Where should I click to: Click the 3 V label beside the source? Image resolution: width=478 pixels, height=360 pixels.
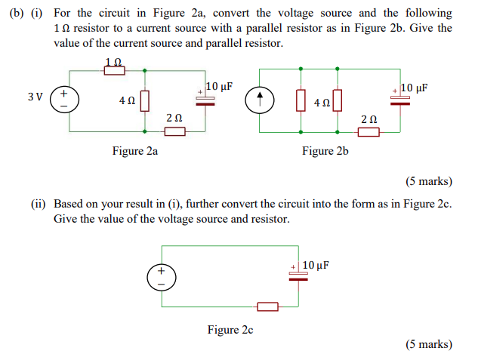[x=34, y=97]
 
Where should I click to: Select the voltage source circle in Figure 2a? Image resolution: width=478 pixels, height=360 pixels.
[x=63, y=100]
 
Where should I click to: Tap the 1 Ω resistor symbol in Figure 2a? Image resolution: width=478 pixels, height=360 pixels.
[x=113, y=70]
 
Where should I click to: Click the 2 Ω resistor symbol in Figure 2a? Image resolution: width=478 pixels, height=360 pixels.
[x=174, y=132]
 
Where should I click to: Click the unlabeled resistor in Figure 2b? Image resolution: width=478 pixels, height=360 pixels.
[x=301, y=100]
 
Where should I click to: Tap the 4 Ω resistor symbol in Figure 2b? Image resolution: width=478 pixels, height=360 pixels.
[x=337, y=100]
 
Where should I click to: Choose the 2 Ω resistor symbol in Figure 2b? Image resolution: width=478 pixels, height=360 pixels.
[x=369, y=132]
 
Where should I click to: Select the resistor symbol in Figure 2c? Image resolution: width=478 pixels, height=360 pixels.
[x=267, y=306]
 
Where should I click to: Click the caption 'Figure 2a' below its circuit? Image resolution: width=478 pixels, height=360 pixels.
[x=134, y=151]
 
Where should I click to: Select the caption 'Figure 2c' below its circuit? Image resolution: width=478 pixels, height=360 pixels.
[x=230, y=329]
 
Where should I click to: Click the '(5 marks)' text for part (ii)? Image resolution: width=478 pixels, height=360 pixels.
[x=428, y=344]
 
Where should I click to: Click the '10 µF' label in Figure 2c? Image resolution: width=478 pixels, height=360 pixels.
[x=316, y=265]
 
